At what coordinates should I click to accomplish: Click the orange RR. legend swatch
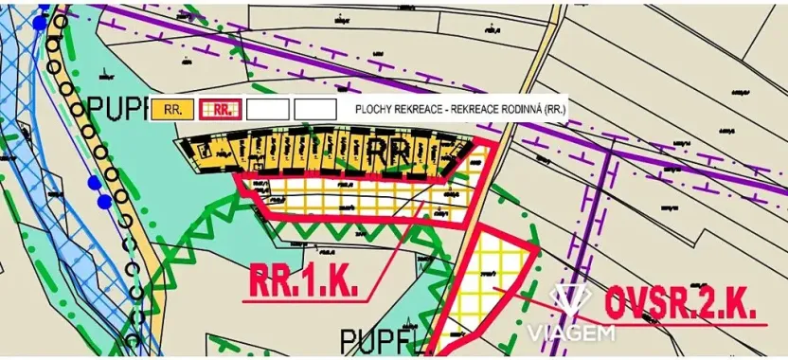[x=172, y=109]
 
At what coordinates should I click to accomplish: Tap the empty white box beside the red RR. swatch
[x=268, y=109]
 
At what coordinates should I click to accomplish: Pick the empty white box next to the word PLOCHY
[x=315, y=109]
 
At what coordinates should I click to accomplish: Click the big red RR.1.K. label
[x=303, y=280]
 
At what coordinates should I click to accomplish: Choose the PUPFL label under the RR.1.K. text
[x=379, y=337]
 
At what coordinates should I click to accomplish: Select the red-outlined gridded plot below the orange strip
[x=350, y=196]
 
